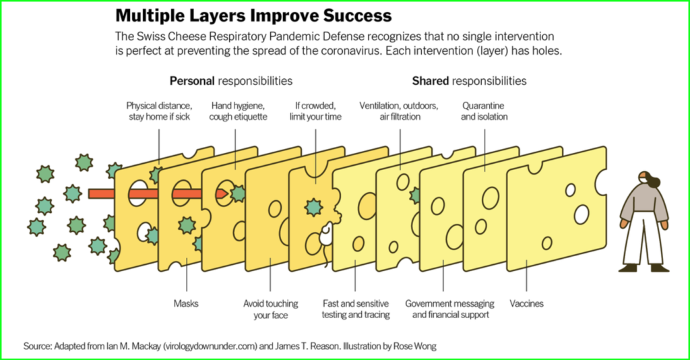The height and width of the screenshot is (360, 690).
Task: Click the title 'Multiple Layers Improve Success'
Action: click(253, 16)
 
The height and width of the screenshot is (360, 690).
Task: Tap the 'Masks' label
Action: click(186, 303)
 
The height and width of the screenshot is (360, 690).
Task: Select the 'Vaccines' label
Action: click(526, 303)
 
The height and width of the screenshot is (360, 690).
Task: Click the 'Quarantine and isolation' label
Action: click(484, 111)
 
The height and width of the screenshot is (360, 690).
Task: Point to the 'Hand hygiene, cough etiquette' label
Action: click(238, 111)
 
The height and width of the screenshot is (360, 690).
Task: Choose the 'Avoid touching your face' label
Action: click(271, 309)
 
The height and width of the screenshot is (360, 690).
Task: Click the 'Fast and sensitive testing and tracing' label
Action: click(356, 309)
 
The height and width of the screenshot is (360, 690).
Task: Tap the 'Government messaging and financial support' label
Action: click(449, 309)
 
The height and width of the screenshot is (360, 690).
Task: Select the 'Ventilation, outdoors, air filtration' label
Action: click(399, 111)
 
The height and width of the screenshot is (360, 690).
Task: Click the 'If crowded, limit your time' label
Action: click(315, 111)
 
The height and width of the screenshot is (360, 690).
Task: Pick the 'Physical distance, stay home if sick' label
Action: click(159, 111)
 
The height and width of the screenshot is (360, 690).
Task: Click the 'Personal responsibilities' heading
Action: click(231, 81)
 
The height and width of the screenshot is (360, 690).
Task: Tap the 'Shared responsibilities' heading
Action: click(469, 81)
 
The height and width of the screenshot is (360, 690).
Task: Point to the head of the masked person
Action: click(646, 178)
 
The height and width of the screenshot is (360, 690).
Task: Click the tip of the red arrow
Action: click(228, 193)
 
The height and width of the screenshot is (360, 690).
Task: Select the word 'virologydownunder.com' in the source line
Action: click(210, 347)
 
